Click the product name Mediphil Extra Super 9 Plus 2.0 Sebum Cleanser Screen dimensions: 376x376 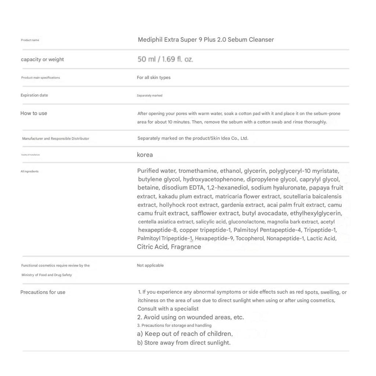(206, 40)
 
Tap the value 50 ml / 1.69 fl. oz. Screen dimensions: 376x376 (165, 59)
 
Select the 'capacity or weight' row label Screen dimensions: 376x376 (42, 59)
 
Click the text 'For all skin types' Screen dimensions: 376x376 (153, 77)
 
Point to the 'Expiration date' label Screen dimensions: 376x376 (34, 95)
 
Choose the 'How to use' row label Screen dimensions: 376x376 (34, 113)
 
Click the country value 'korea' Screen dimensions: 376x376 (145, 155)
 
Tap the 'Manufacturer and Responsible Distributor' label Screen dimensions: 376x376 (55, 138)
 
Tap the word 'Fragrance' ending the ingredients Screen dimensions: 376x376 (186, 247)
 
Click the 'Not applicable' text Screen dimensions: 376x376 (150, 265)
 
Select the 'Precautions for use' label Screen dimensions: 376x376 (43, 292)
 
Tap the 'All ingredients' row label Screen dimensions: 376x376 (29, 171)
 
